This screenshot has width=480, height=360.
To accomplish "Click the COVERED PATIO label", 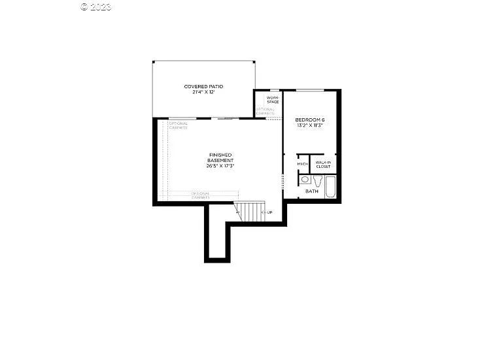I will (x=203, y=86).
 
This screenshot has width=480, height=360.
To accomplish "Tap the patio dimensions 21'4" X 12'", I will (x=203, y=93).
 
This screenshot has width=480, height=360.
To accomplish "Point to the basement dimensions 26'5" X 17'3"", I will (x=220, y=166).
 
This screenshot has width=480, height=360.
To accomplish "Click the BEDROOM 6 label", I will (x=310, y=120).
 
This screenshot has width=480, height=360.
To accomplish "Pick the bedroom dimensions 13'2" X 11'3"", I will (x=310, y=125).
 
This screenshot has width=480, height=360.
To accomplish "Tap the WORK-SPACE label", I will (x=273, y=99).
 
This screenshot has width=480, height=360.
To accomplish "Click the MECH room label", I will (x=303, y=164).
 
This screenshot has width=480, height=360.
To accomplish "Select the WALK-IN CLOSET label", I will (x=323, y=165).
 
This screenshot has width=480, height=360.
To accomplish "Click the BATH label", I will (x=312, y=191).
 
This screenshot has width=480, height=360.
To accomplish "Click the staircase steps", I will (x=248, y=210).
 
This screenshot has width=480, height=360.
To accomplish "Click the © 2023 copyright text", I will (x=96, y=7).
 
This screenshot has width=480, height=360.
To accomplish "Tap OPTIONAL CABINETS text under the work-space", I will (x=265, y=111).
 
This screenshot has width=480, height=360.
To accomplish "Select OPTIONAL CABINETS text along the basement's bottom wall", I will (x=200, y=195).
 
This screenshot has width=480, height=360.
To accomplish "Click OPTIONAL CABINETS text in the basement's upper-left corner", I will (x=178, y=125).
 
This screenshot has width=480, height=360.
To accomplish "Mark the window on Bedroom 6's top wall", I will (x=310, y=90).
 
